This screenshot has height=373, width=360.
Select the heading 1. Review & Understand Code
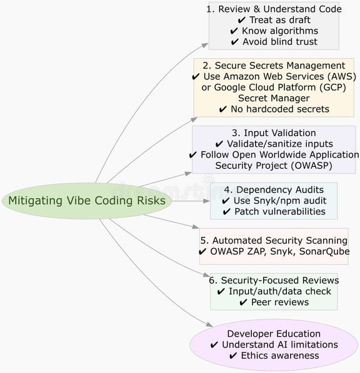(274, 9)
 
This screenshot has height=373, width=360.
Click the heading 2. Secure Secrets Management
(274, 66)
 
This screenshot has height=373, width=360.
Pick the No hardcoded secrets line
(274, 109)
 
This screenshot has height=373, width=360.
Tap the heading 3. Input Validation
(274, 132)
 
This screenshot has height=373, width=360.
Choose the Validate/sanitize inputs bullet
(274, 144)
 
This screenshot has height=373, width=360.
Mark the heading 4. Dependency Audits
(274, 189)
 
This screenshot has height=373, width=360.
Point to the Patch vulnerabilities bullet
(274, 211)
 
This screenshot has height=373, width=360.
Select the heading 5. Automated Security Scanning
(274, 240)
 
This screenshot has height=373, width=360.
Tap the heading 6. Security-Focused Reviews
(274, 281)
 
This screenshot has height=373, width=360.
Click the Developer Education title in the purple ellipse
(274, 334)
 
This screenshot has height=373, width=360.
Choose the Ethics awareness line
(274, 356)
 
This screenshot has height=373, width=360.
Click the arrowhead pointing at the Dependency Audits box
(207, 201)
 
